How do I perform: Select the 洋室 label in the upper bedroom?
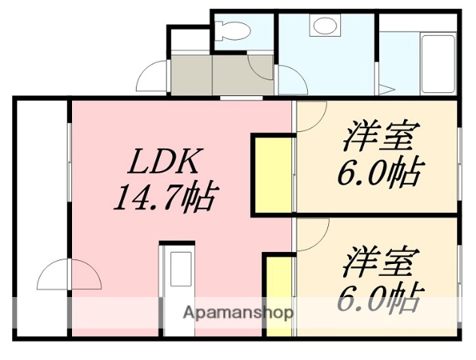382,139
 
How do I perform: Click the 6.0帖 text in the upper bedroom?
378,174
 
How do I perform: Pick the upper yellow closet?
272,174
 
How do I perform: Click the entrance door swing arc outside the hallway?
152,74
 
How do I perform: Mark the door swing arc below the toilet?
262,67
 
